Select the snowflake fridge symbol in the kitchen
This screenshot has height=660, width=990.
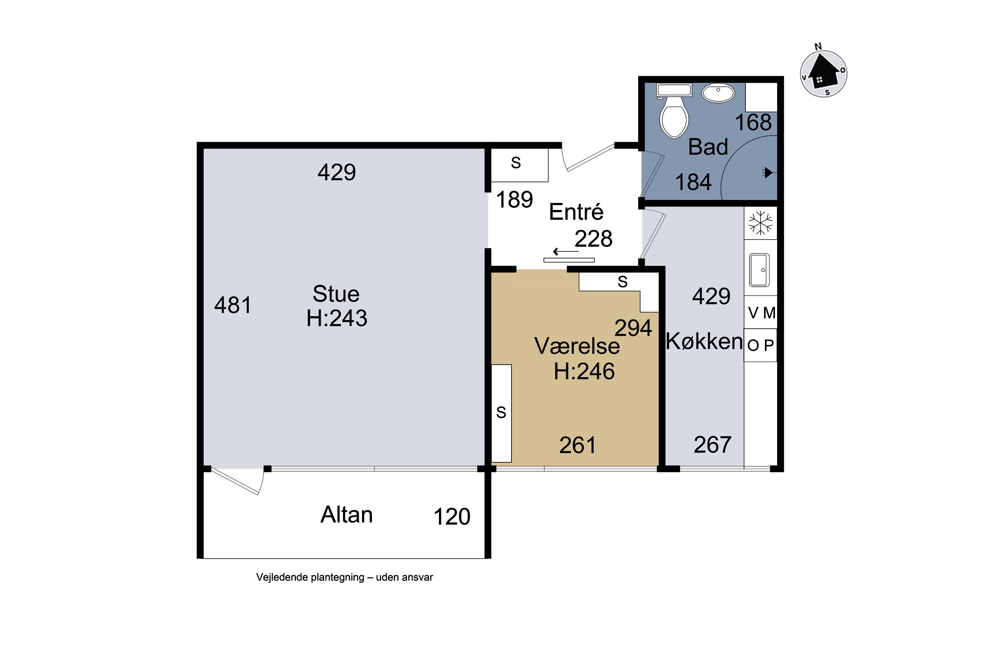[x=761, y=223]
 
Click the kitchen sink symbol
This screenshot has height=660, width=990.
[x=760, y=270]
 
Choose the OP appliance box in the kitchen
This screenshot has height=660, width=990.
[x=760, y=346]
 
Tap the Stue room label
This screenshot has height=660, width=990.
[x=336, y=294]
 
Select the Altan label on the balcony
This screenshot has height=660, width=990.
[x=346, y=514]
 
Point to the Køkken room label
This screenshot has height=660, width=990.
[x=704, y=341]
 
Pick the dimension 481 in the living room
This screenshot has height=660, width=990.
[x=233, y=305]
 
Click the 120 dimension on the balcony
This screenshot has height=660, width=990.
[x=452, y=516]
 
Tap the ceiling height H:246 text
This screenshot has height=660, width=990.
[x=584, y=371]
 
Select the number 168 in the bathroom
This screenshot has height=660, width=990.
[x=753, y=122]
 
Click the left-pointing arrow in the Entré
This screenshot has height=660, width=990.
[x=566, y=252]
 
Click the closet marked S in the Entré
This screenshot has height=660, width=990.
[x=520, y=165]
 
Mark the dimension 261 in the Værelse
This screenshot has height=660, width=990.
[x=577, y=445]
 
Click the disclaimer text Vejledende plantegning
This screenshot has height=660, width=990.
[x=344, y=577]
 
